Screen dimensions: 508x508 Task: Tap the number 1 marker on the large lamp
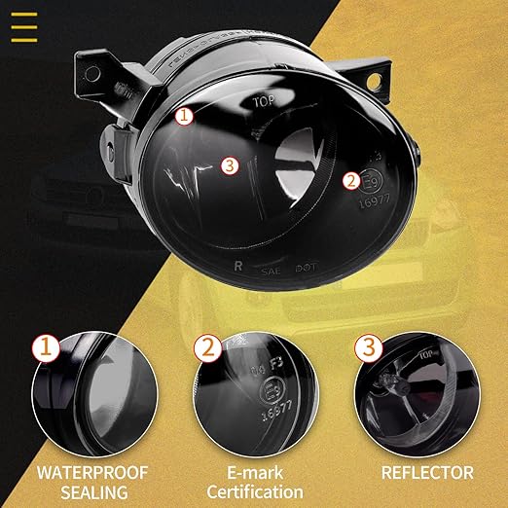point(186,115)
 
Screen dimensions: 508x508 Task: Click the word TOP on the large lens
point(265,101)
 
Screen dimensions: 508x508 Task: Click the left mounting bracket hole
point(93,74)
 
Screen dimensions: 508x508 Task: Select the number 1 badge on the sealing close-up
point(43,346)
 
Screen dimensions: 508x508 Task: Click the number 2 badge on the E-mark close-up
point(207,346)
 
